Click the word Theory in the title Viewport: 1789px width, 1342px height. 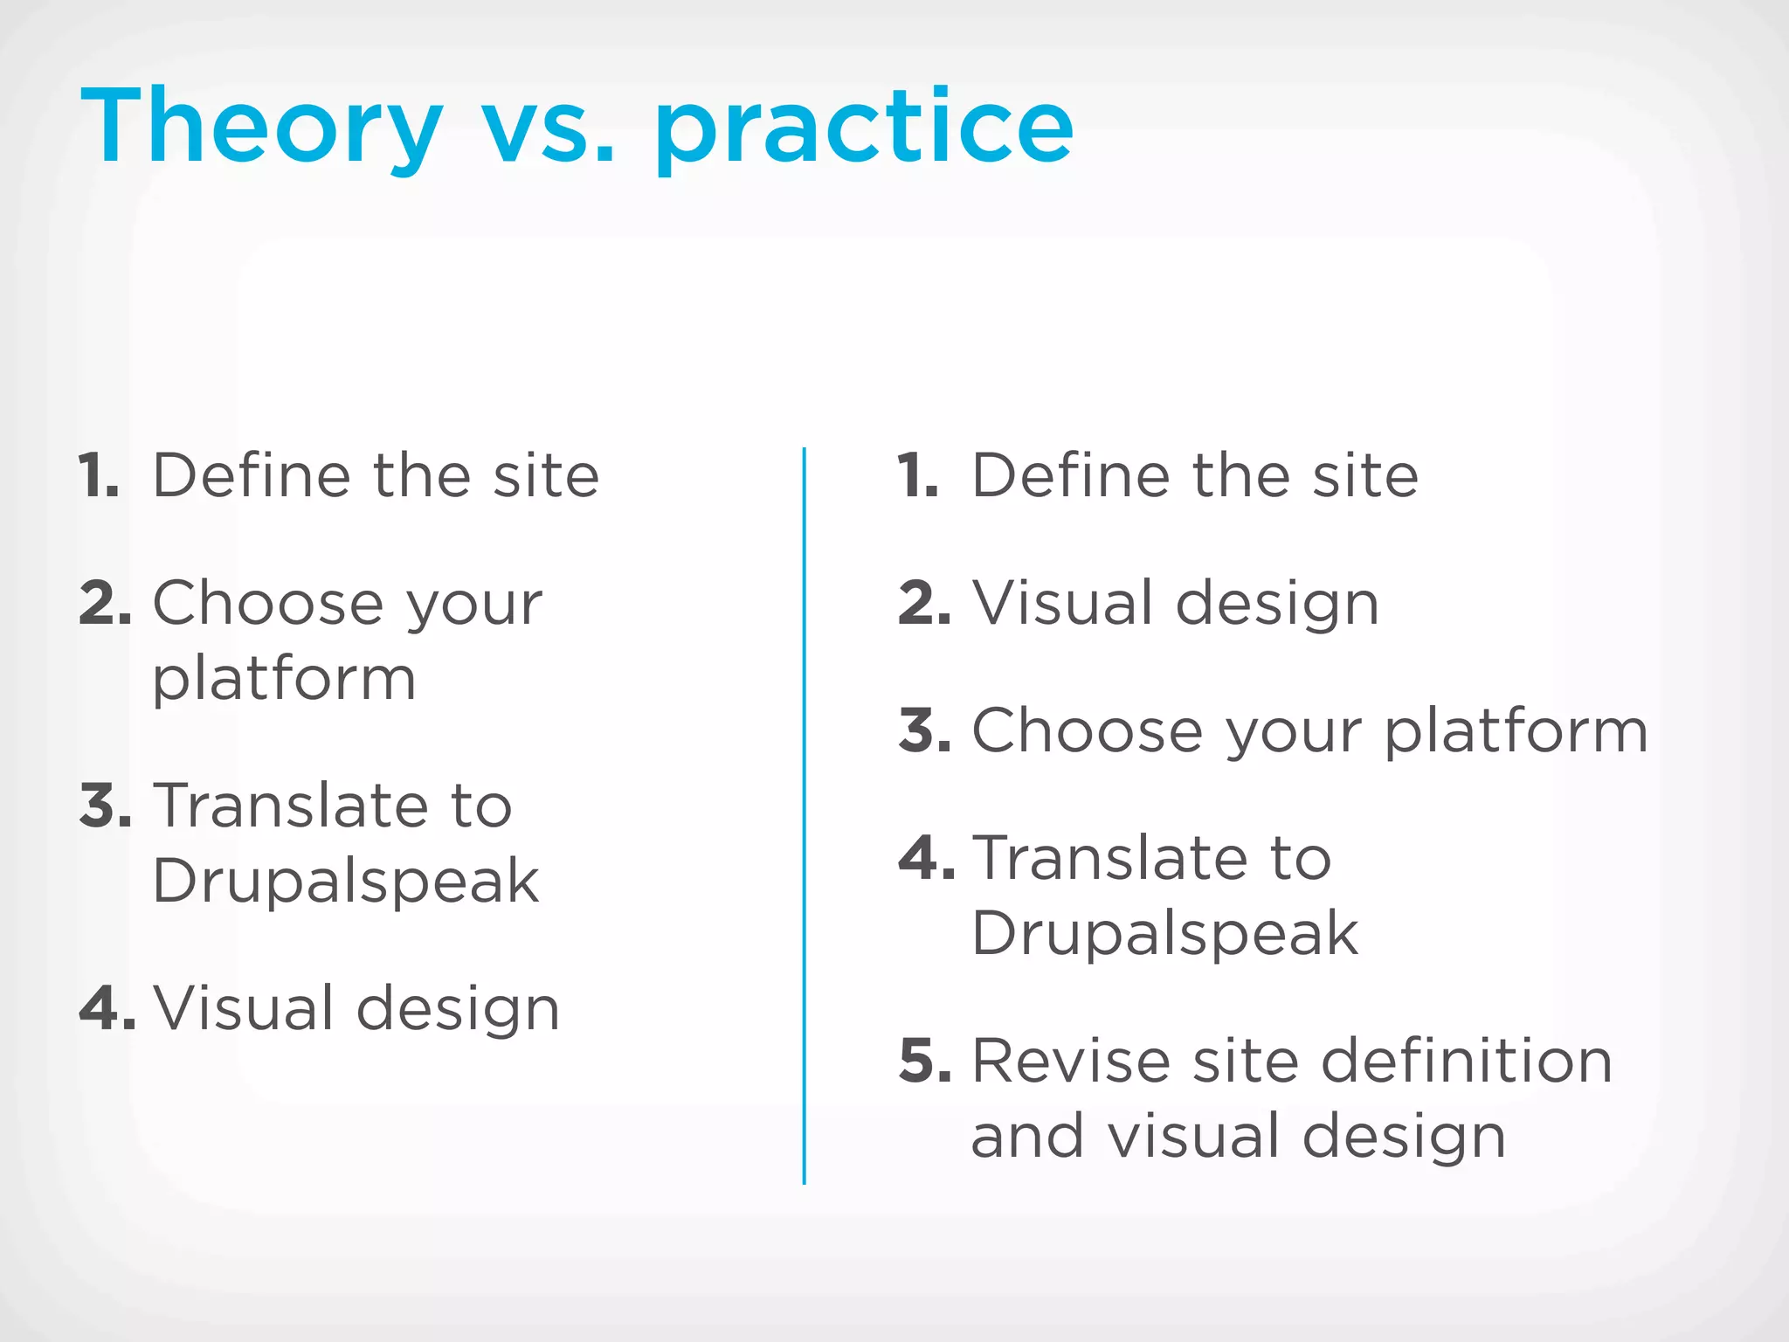[262, 127]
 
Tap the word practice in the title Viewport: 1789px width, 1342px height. [865, 131]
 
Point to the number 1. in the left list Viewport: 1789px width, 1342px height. [99, 476]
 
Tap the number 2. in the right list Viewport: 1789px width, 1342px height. [924, 603]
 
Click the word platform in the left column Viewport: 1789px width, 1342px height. [284, 680]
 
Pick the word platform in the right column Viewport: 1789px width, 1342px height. [1516, 730]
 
